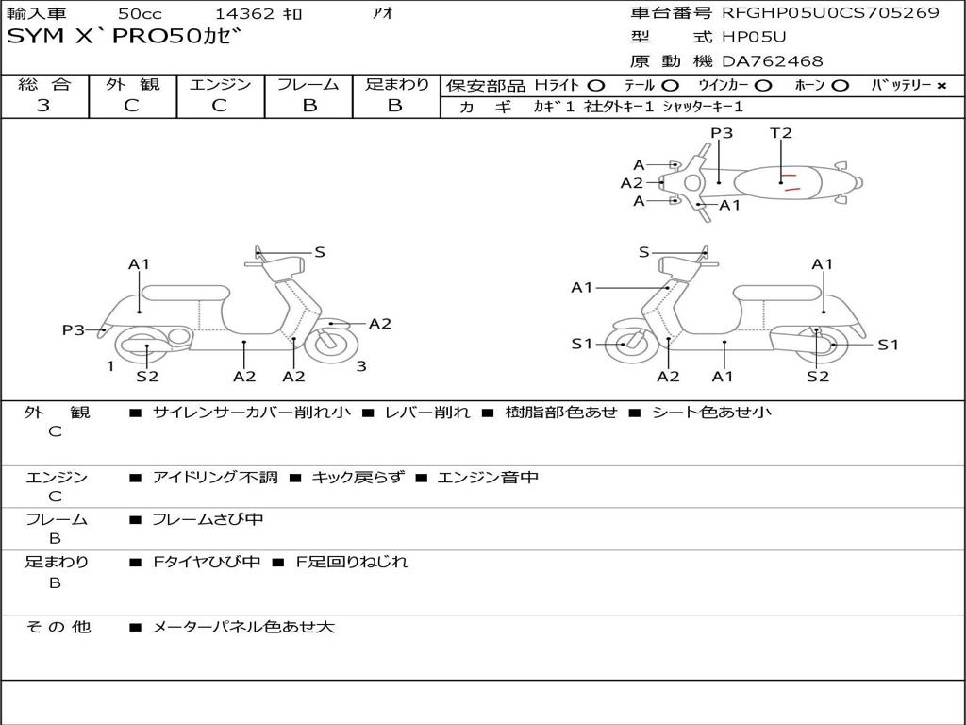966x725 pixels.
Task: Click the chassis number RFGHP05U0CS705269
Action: coord(830,12)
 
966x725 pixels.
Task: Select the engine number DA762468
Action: coord(772,61)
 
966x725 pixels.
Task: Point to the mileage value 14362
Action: coord(244,14)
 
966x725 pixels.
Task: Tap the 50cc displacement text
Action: coord(139,14)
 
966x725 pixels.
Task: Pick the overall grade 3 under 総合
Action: coord(43,106)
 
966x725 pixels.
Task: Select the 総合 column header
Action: coord(43,85)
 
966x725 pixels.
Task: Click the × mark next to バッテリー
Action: coord(941,86)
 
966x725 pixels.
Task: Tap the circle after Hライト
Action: coord(595,86)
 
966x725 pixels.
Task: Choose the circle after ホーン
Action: coord(841,86)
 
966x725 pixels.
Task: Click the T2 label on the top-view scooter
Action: coord(781,133)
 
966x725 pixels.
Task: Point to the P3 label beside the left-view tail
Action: coord(74,329)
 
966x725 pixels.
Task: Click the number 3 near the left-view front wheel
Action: coord(361,366)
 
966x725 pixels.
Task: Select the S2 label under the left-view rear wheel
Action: coord(147,377)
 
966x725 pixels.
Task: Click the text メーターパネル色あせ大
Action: coord(243,626)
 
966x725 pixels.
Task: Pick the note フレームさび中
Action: coord(208,519)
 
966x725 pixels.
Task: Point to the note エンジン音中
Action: coord(488,478)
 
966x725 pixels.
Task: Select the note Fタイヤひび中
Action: coord(207,562)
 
